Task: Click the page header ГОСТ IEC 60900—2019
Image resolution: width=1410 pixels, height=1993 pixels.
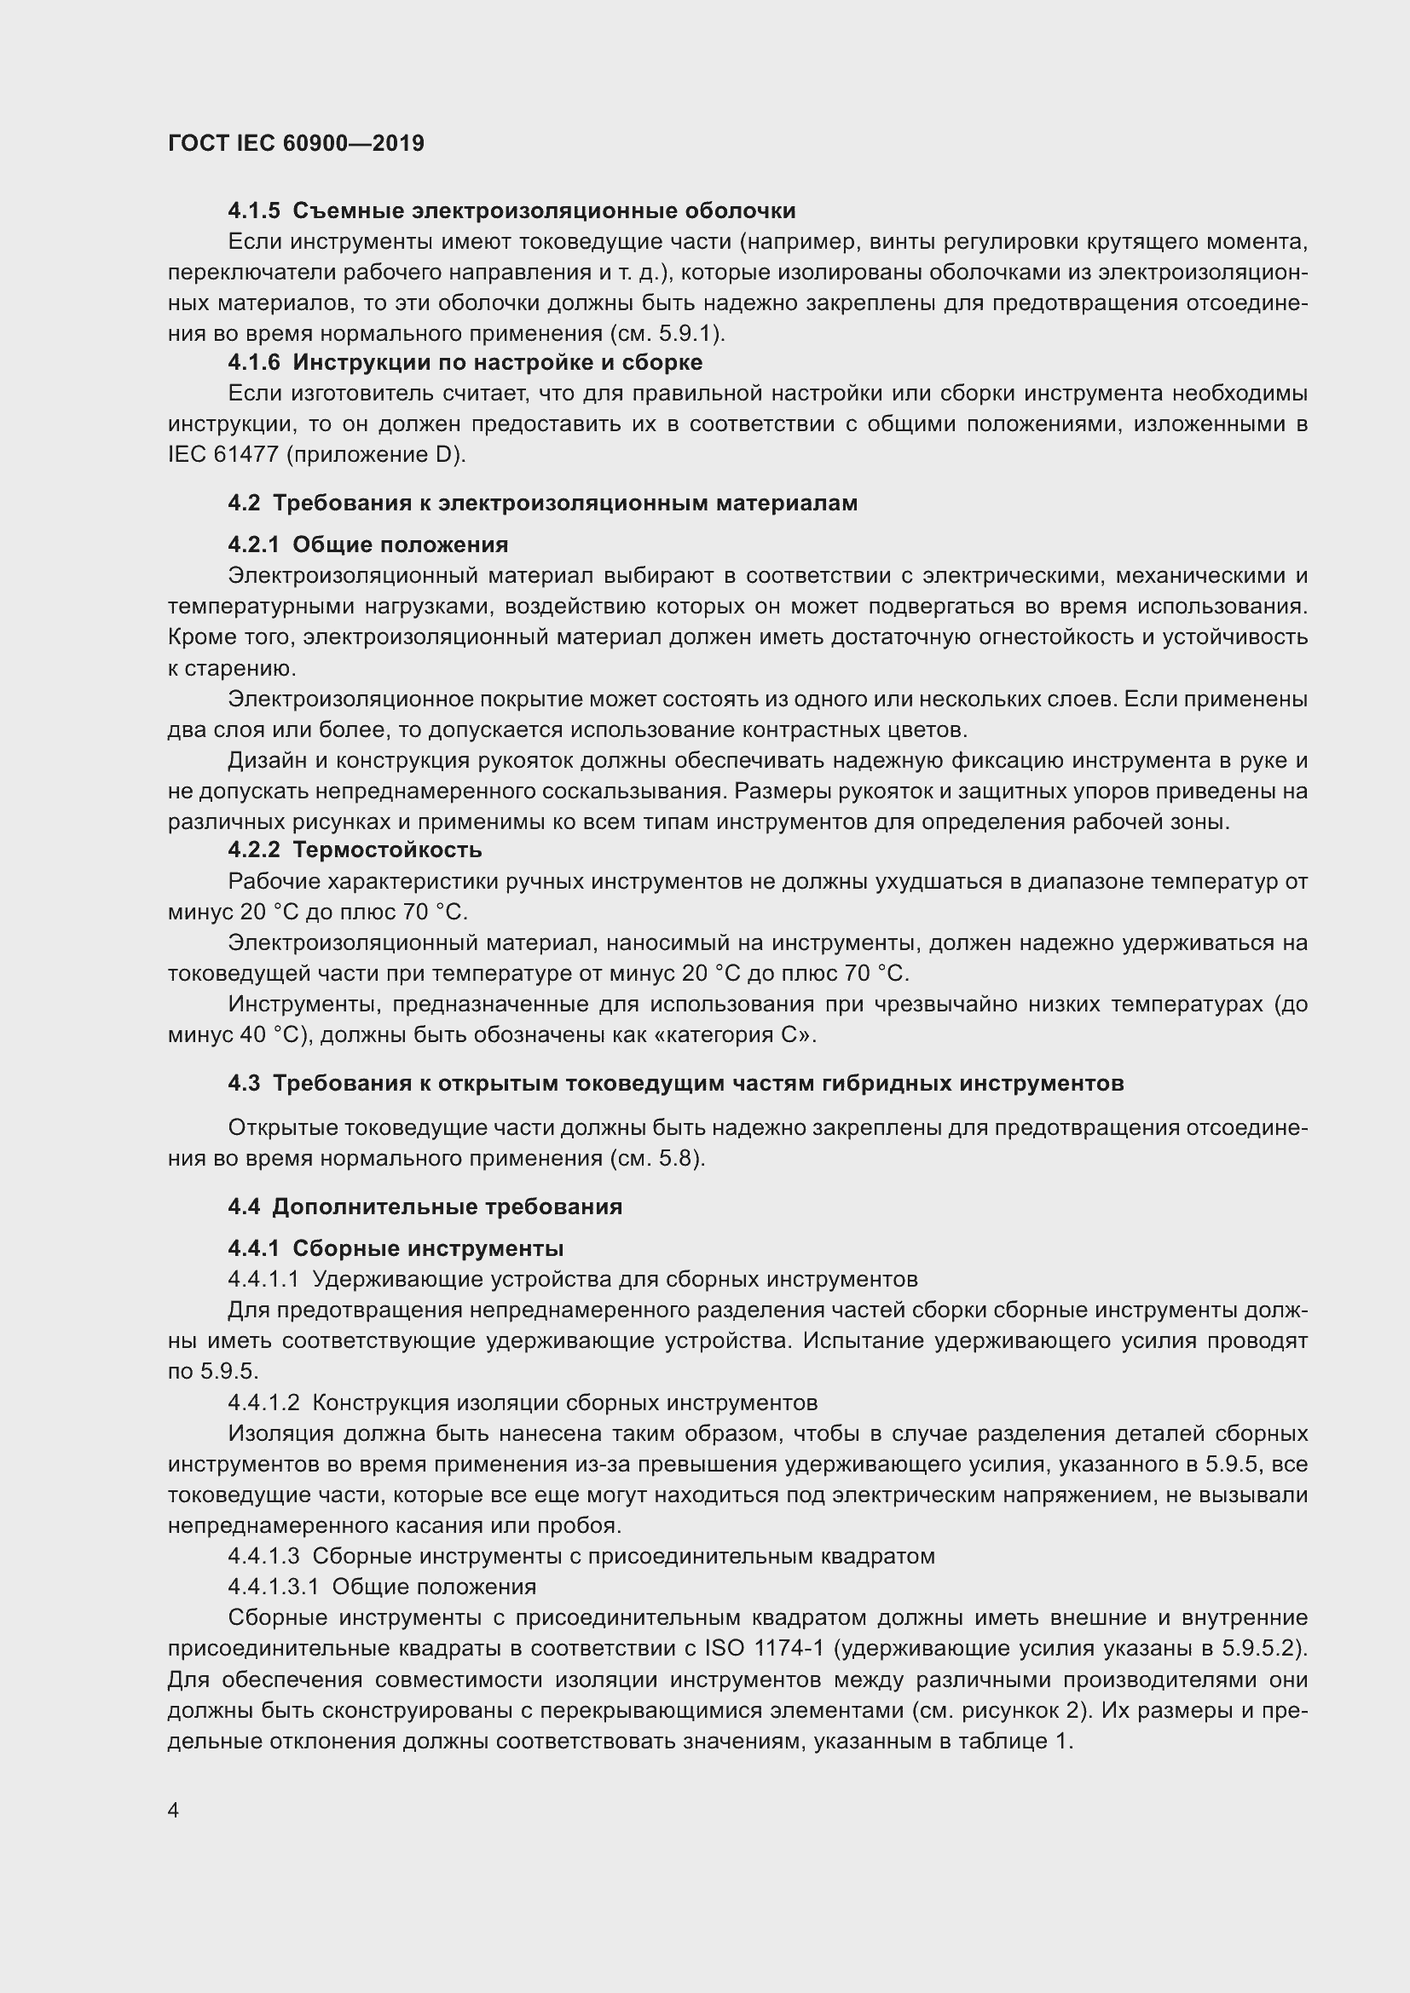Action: (296, 144)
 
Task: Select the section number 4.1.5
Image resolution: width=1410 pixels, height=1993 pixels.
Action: (254, 211)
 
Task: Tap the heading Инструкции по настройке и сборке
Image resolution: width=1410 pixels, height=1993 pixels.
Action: (498, 362)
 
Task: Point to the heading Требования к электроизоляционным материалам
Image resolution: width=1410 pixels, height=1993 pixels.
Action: (565, 504)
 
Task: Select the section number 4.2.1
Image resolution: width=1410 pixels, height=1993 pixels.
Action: (253, 545)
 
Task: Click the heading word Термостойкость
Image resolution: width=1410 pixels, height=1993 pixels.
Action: (387, 850)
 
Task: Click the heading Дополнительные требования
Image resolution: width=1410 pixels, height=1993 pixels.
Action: (448, 1207)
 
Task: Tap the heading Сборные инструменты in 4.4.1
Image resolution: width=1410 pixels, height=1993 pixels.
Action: (428, 1248)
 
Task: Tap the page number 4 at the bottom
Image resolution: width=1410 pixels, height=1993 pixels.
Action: (174, 1811)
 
